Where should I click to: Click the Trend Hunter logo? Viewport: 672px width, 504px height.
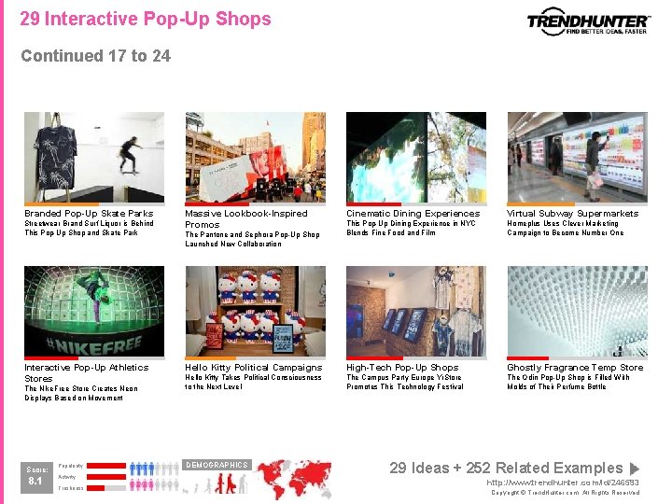tap(588, 22)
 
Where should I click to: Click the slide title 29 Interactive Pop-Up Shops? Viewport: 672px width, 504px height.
tap(146, 19)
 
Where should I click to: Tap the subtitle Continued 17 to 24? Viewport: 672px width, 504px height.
tap(95, 56)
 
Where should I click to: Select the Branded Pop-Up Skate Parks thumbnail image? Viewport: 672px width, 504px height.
tap(93, 158)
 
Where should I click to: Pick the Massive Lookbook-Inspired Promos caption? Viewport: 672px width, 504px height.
tap(246, 218)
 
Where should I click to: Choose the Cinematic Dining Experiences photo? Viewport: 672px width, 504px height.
tap(416, 158)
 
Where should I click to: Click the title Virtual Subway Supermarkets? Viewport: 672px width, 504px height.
tap(572, 214)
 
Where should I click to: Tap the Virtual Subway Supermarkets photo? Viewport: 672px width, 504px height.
tap(577, 158)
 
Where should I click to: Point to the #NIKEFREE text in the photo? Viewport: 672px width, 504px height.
tap(93, 344)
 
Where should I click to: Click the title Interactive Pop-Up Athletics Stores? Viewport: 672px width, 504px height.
tap(86, 372)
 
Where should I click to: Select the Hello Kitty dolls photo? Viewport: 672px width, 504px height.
tap(255, 312)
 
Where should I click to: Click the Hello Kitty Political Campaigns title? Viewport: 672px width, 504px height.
tap(253, 368)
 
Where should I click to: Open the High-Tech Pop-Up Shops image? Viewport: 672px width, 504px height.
tap(416, 312)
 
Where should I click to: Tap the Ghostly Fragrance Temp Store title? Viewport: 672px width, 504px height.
tap(575, 368)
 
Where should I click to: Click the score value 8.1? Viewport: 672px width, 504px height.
tap(35, 482)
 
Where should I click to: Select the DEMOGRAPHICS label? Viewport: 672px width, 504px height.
tap(216, 465)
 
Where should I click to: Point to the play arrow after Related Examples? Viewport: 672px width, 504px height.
tap(635, 469)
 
